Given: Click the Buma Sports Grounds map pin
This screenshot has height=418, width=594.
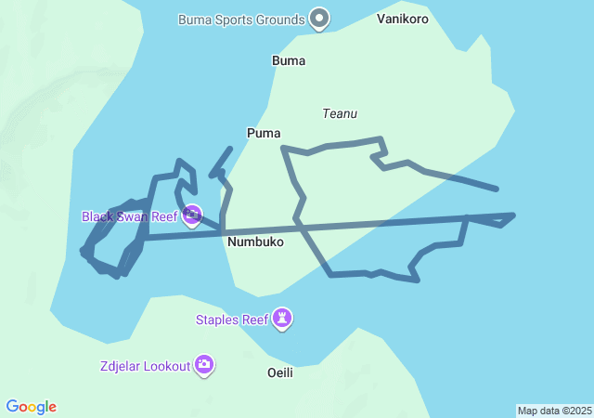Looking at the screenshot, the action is [x=319, y=18].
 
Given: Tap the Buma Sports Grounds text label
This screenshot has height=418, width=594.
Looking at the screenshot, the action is [x=241, y=20].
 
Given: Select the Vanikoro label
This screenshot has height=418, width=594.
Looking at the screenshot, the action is [x=404, y=19].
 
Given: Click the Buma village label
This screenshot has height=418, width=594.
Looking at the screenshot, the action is [x=289, y=60].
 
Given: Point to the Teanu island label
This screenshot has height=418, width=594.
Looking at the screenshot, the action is [x=340, y=113].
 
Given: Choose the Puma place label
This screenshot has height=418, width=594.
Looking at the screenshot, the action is [x=264, y=133].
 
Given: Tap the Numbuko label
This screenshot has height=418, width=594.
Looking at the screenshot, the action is [x=255, y=242].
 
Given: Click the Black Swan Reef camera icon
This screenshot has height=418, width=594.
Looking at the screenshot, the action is [x=192, y=216].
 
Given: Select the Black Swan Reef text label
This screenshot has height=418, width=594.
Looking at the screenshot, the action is [x=129, y=216].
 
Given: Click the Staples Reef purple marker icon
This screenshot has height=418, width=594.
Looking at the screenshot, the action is [x=283, y=320].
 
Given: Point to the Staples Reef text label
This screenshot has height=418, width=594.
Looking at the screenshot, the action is [x=231, y=320].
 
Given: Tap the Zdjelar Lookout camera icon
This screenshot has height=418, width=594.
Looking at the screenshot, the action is [x=204, y=365].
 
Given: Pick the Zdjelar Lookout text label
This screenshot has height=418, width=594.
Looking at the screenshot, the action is [x=145, y=366].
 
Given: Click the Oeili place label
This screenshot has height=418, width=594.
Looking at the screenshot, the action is [x=279, y=372].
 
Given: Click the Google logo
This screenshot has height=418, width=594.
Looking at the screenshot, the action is [x=31, y=407].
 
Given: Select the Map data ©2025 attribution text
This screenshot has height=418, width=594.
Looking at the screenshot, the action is [x=554, y=411].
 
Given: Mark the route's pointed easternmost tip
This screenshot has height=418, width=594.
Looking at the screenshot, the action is [x=513, y=216].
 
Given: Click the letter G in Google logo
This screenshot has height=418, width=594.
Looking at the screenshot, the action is [x=11, y=407].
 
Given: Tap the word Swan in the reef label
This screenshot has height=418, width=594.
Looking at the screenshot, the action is [x=132, y=216].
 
